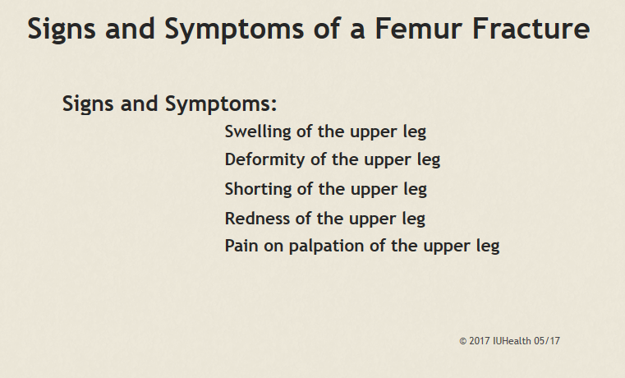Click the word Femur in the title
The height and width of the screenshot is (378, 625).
point(418,28)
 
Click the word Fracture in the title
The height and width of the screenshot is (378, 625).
point(531,28)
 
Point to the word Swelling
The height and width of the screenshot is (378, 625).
point(258,132)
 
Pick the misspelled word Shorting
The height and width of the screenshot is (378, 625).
point(258,190)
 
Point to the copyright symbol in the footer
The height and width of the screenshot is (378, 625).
point(462,341)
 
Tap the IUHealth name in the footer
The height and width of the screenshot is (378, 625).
point(512,341)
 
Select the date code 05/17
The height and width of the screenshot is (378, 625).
point(547,341)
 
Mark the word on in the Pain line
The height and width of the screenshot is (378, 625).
point(273,247)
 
